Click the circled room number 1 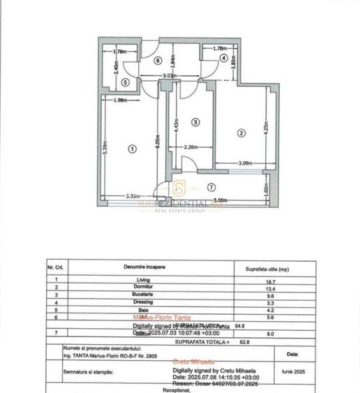(x=133, y=148)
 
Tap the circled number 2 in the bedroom (x=241, y=133)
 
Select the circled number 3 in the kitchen (x=195, y=122)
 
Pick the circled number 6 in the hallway (x=158, y=61)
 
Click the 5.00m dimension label (x=221, y=201)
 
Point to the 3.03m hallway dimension (x=168, y=75)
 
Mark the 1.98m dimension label (x=118, y=101)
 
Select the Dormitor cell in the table (x=144, y=287)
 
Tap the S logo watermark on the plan (x=179, y=187)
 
